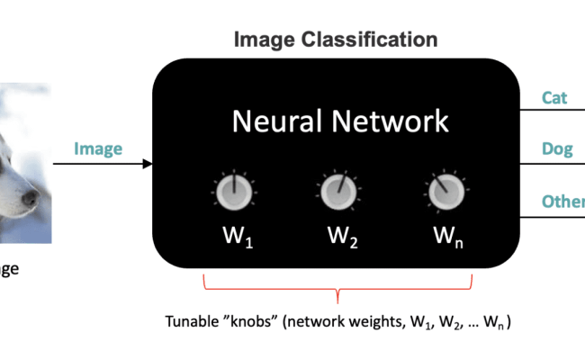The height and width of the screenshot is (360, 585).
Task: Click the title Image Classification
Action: coord(336,40)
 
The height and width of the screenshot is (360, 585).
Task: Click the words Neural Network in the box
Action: coord(339,121)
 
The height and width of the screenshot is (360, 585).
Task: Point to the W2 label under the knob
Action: coord(340,238)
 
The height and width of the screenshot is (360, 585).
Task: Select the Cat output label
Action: coord(554,97)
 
